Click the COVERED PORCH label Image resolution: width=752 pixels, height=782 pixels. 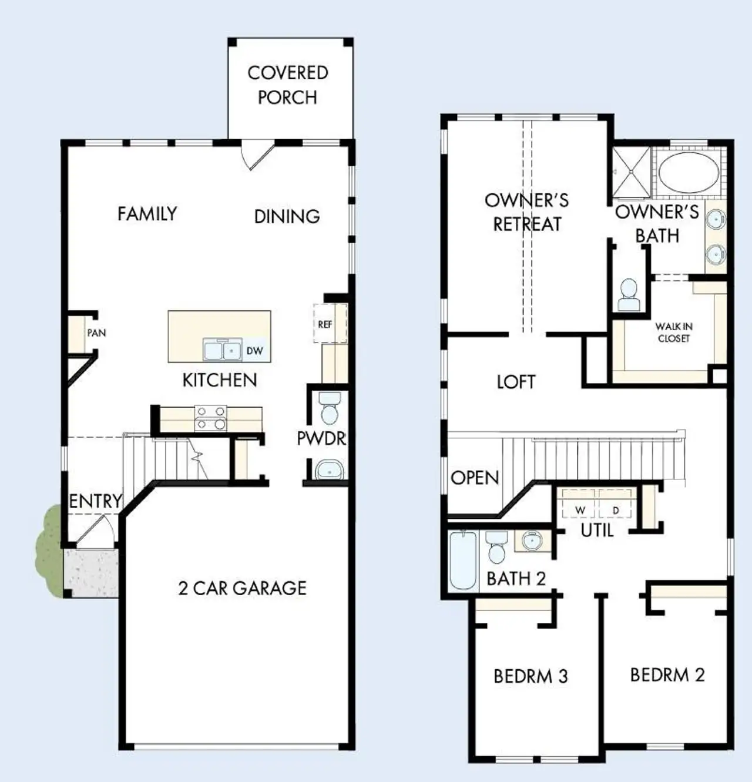288,85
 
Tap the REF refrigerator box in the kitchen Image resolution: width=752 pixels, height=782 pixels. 325,324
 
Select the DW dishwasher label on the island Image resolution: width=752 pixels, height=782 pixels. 254,351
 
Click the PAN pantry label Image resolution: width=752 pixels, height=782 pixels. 96,333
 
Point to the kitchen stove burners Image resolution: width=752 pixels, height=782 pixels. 210,418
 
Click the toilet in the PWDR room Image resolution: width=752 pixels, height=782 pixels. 330,407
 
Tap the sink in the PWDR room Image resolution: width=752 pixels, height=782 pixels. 329,470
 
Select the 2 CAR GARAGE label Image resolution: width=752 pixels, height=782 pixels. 242,588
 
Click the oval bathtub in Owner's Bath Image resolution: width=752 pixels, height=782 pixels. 688,173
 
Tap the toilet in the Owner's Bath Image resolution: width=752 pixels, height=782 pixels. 629,295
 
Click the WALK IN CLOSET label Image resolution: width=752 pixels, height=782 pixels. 674,332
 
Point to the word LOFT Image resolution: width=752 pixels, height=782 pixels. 516,382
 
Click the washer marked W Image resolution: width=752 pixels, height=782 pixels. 580,509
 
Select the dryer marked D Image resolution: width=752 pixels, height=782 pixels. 616,509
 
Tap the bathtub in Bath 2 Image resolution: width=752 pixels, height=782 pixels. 463,561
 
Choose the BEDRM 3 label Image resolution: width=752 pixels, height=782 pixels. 531,676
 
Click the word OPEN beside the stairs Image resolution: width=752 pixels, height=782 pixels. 475,478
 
